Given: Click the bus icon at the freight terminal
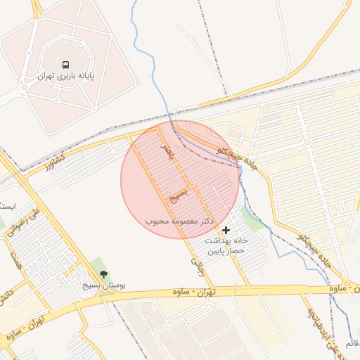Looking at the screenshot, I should pos(65,63).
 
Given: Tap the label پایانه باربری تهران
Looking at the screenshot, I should pos(67,75).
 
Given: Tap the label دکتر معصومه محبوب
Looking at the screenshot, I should pos(179,221).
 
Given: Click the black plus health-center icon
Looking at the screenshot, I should pos(226,230).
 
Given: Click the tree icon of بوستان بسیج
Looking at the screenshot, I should pos(104,275).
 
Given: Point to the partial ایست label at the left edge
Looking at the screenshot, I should pos(7,206).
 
